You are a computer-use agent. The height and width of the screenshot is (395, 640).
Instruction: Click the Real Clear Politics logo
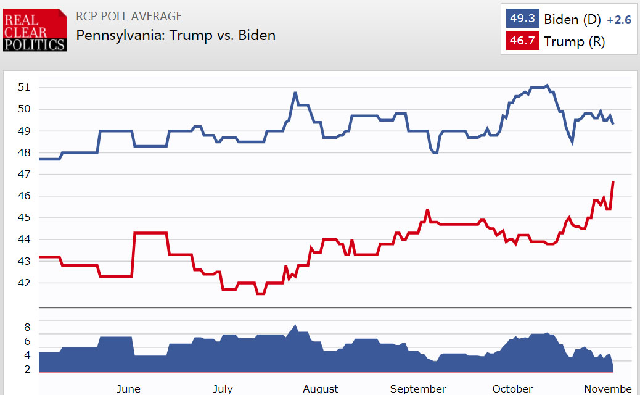pyautogui.click(x=35, y=30)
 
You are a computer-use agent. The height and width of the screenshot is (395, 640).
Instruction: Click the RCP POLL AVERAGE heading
pyautogui.click(x=129, y=16)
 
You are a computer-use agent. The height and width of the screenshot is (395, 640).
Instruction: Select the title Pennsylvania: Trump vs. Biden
pyautogui.click(x=176, y=35)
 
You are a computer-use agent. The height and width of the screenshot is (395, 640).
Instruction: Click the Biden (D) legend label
pyautogui.click(x=572, y=19)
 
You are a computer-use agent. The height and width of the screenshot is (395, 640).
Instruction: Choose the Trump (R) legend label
pyautogui.click(x=574, y=41)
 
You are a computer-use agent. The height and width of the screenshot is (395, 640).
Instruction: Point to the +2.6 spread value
pyautogui.click(x=619, y=20)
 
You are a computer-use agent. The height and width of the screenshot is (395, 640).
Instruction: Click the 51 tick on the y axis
pyautogui.click(x=23, y=87)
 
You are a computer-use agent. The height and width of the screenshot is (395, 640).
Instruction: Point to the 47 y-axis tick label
pyautogui.click(x=23, y=175)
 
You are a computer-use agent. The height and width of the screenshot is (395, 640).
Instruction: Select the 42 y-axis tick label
pyautogui.click(x=23, y=283)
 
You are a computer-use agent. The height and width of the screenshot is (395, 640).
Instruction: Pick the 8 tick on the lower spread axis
pyautogui.click(x=27, y=327)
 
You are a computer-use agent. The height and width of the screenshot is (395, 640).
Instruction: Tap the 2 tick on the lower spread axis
pyautogui.click(x=27, y=369)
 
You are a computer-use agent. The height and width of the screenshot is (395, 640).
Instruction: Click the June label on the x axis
pyautogui.click(x=128, y=389)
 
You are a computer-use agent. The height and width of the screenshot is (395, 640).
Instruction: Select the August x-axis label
pyautogui.click(x=321, y=389)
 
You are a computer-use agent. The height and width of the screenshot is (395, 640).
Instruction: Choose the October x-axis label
pyautogui.click(x=512, y=389)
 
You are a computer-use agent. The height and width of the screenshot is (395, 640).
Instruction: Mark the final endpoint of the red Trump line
pyautogui.click(x=613, y=181)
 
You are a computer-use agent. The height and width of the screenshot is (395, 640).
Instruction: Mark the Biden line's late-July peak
pyautogui.click(x=295, y=93)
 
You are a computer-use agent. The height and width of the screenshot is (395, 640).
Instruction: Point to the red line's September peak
pyautogui.click(x=427, y=210)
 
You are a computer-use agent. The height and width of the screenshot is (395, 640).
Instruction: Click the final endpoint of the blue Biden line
pyautogui.click(x=613, y=124)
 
